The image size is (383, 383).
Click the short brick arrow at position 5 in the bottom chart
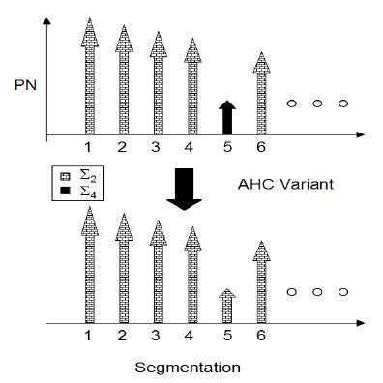tap(225, 305)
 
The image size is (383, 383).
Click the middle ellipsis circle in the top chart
tap(315, 103)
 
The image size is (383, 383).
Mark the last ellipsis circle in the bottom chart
tap(341, 291)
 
